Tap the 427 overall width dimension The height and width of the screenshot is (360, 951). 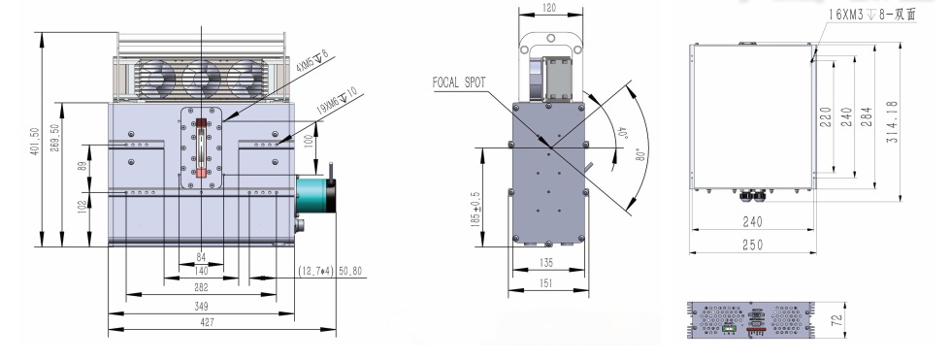tap(208, 322)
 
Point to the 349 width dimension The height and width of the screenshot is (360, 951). tap(201, 306)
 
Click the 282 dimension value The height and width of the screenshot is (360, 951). tap(201, 288)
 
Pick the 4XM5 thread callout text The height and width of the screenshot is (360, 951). tap(312, 62)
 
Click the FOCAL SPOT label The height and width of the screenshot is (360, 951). tap(459, 83)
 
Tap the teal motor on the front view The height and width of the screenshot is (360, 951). tap(316, 193)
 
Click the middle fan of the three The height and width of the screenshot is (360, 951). tap(201, 79)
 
